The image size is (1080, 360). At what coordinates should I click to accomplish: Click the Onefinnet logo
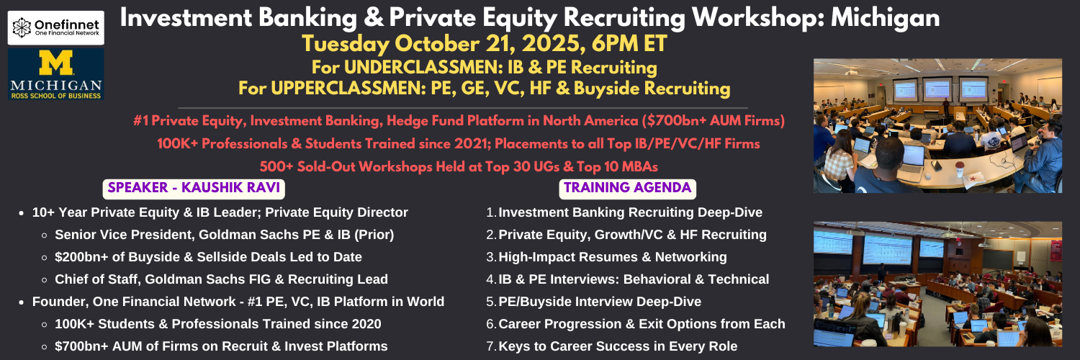pos(56,28)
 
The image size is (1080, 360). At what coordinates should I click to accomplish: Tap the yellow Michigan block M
pos(56,63)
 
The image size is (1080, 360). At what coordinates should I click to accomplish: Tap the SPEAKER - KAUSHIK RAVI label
pos(194,188)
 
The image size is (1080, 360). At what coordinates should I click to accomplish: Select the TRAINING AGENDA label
pos(627,188)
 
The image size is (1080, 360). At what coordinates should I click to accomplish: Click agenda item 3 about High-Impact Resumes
pos(606,257)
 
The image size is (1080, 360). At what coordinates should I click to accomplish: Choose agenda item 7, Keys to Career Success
pos(612,346)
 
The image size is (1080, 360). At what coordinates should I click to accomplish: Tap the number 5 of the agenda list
pos(490,302)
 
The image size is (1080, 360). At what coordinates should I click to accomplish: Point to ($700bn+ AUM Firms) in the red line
pos(713,120)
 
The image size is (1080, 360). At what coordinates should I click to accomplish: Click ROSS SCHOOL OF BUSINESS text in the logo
pos(56,96)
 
